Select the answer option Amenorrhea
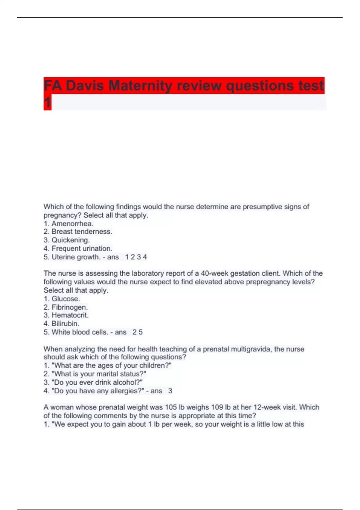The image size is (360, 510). [x=72, y=224]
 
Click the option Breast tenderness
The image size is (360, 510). [x=82, y=232]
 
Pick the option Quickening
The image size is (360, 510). [x=70, y=240]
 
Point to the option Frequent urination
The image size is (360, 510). [x=82, y=248]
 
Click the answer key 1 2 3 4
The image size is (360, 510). [x=136, y=257]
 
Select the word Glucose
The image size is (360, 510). [x=66, y=299]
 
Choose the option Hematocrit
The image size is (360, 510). [x=70, y=315]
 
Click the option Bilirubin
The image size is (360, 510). [x=65, y=324]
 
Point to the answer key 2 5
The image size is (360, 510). [x=137, y=332]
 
